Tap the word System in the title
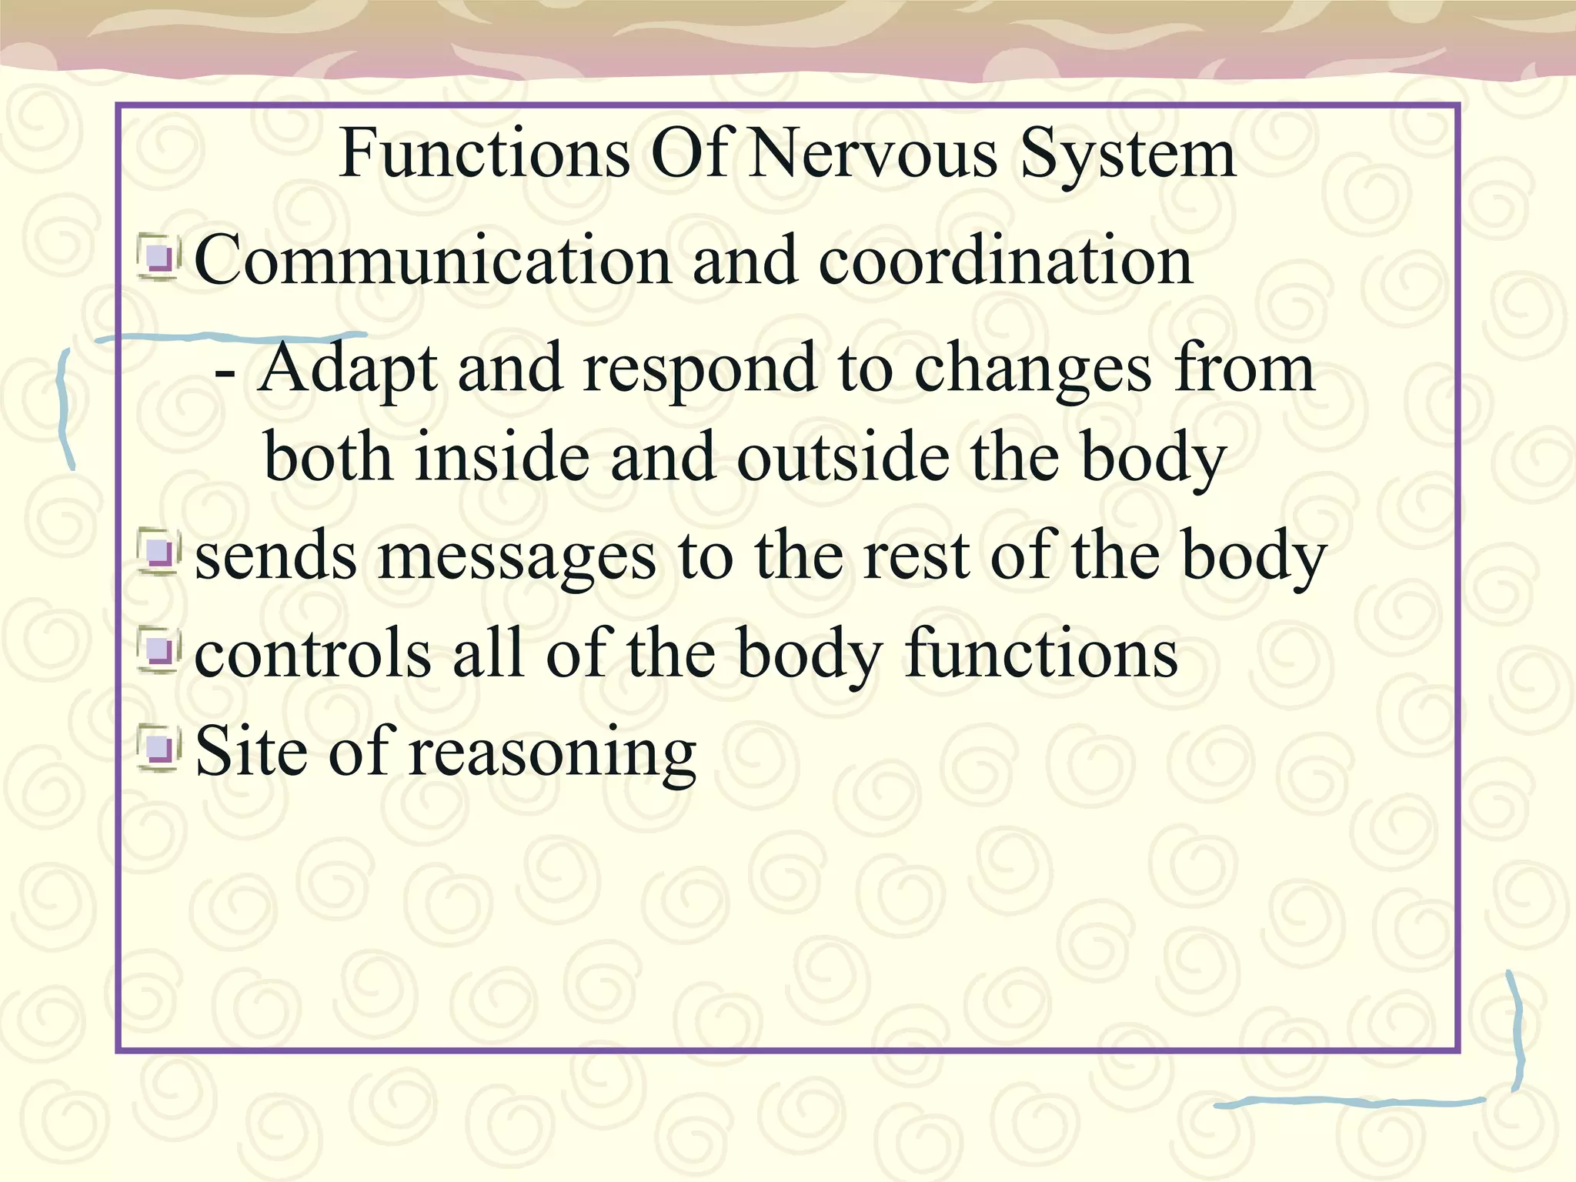point(1127,154)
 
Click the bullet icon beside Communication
point(159,258)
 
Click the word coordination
point(1005,260)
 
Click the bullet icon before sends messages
point(159,553)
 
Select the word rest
point(916,556)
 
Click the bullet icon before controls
point(159,653)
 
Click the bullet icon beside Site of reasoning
point(159,748)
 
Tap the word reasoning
point(553,753)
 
